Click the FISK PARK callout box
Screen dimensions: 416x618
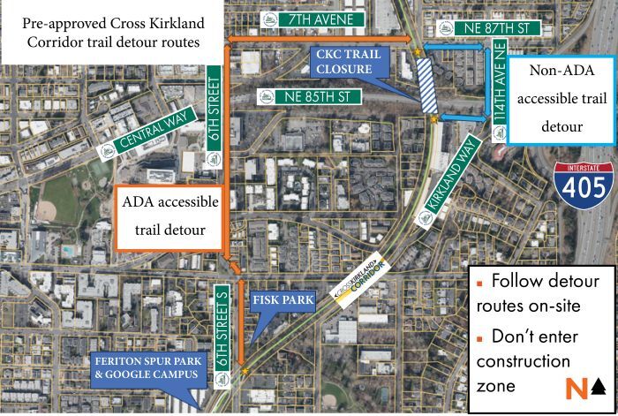point(283,301)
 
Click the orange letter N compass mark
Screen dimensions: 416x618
point(576,387)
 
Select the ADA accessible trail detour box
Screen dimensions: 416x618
point(170,217)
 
